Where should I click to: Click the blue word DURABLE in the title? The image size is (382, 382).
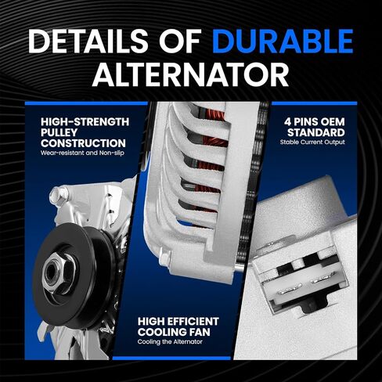pyautogui.click(x=283, y=41)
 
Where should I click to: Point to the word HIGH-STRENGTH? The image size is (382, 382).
pyautogui.click(x=85, y=122)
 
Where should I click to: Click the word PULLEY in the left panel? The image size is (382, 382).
pyautogui.click(x=59, y=132)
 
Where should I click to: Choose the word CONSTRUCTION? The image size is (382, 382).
pyautogui.click(x=83, y=143)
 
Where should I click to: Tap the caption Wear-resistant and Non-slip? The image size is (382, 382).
pyautogui.click(x=82, y=153)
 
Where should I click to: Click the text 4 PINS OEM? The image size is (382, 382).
pyautogui.click(x=315, y=122)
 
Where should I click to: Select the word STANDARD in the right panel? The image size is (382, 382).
pyautogui.click(x=316, y=132)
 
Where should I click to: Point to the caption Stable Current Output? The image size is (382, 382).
pyautogui.click(x=312, y=142)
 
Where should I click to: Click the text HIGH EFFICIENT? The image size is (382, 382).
pyautogui.click(x=178, y=322)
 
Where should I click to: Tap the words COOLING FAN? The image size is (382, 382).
pyautogui.click(x=174, y=332)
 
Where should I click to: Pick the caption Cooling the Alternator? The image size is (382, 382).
pyautogui.click(x=170, y=342)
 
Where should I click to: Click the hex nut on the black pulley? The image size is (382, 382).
pyautogui.click(x=59, y=275)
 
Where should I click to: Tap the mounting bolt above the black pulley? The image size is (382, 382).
pyautogui.click(x=59, y=194)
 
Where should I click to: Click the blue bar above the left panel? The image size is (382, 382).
pyautogui.click(x=86, y=103)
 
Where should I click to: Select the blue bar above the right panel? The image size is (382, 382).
pyautogui.click(x=314, y=103)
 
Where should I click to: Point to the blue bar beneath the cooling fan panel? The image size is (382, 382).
pyautogui.click(x=172, y=359)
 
